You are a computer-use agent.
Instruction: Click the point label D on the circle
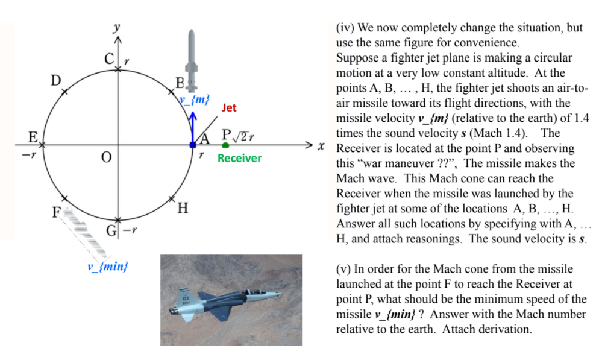click(55, 80)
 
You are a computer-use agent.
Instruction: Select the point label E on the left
click(33, 137)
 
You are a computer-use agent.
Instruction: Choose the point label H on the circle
click(182, 209)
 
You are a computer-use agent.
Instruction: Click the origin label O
click(107, 158)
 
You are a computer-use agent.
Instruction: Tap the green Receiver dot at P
click(225, 145)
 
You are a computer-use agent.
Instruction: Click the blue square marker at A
click(192, 145)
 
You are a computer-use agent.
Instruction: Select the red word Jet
click(229, 109)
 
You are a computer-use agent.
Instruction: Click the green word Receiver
click(239, 159)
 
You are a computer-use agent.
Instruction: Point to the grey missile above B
click(192, 57)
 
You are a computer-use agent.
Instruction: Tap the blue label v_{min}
click(108, 265)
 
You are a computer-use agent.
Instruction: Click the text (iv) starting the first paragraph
click(344, 28)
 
